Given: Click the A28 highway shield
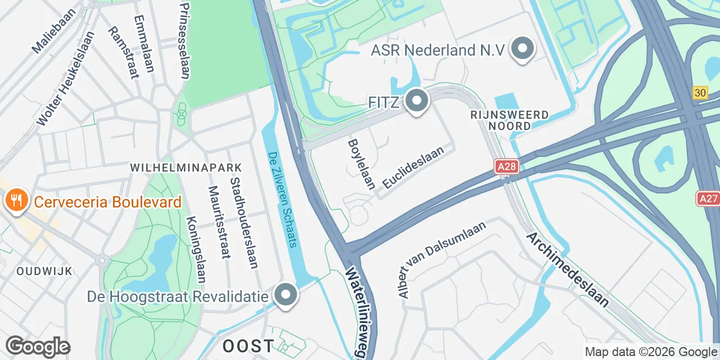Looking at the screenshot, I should [506, 166].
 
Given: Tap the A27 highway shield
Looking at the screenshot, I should [708, 198].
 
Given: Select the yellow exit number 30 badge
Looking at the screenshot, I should [700, 93].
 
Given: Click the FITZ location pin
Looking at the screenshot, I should [417, 102].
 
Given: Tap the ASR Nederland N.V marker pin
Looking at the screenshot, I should [523, 49].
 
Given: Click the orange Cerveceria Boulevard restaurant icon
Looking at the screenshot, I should [15, 200].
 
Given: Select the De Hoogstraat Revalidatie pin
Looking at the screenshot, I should [286, 295].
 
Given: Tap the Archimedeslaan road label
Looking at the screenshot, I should [568, 269].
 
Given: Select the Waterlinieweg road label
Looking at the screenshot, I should [357, 312].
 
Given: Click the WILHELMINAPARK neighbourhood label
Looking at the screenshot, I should [186, 168].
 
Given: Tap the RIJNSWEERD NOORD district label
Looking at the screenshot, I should [510, 120].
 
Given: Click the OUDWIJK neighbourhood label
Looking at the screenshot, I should [44, 272].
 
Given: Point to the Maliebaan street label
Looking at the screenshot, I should [46, 35].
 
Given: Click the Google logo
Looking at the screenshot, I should [38, 346].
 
